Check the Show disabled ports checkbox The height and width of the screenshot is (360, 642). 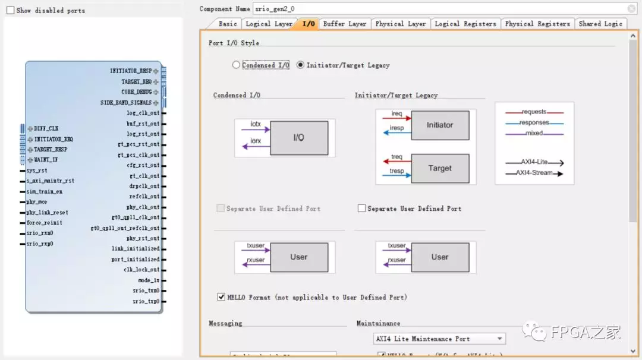click(x=10, y=10)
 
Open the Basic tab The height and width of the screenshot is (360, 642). click(x=228, y=24)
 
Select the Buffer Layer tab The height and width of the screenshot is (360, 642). click(x=344, y=24)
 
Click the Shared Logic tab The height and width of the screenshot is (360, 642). click(x=600, y=24)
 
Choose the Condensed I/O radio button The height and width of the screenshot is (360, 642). click(x=237, y=65)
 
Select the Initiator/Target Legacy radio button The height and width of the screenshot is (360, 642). click(x=300, y=65)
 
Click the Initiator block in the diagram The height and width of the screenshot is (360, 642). click(x=440, y=125)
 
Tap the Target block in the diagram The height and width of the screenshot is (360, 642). click(x=440, y=168)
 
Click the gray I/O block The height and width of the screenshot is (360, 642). click(x=298, y=138)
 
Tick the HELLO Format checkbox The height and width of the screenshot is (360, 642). click(x=221, y=297)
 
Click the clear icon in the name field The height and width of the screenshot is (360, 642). click(x=631, y=9)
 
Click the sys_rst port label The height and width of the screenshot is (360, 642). click(x=37, y=170)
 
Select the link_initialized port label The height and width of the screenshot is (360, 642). click(x=136, y=249)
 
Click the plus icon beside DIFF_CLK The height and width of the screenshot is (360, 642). click(x=30, y=129)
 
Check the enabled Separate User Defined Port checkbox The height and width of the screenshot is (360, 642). click(x=361, y=209)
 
